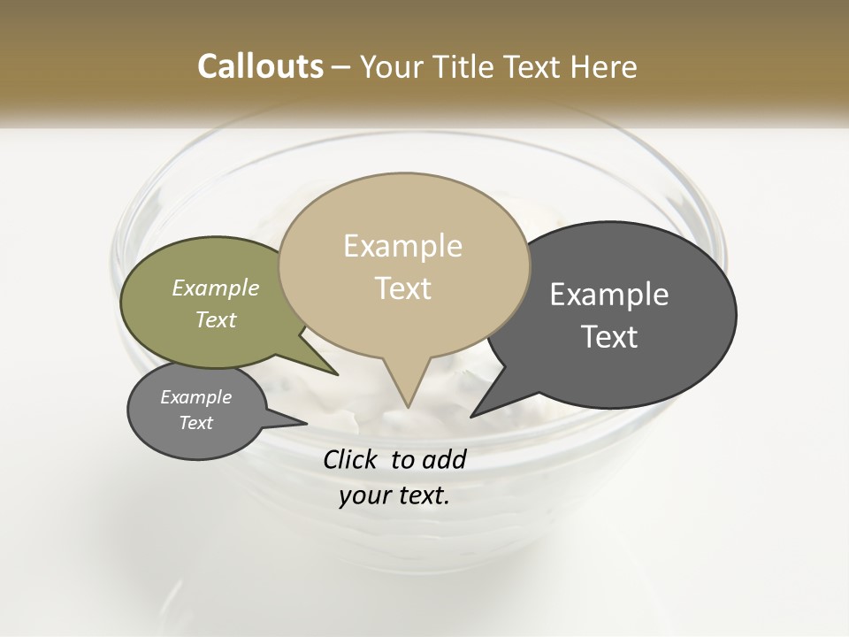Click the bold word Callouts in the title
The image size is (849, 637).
261,66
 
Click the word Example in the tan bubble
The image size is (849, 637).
402,246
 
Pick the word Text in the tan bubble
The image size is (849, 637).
402,288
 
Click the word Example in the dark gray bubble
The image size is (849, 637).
609,295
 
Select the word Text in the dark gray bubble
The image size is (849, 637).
609,337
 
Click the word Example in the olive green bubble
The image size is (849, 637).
216,288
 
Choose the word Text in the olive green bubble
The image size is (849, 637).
216,319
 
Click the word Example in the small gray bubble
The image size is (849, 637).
196,397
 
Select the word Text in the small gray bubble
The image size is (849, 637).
196,423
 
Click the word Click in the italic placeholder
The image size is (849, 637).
351,459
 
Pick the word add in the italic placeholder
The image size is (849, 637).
444,459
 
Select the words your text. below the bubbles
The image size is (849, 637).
394,496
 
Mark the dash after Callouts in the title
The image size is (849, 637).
342,67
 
